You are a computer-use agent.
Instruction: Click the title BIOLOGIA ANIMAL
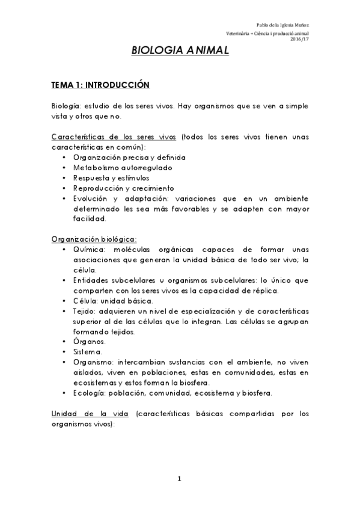(180, 52)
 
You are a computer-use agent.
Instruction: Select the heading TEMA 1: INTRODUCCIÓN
(100, 85)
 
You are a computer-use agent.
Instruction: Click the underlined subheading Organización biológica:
(94, 239)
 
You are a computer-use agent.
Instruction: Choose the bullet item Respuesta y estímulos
(109, 177)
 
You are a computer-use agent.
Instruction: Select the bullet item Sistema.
(88, 352)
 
